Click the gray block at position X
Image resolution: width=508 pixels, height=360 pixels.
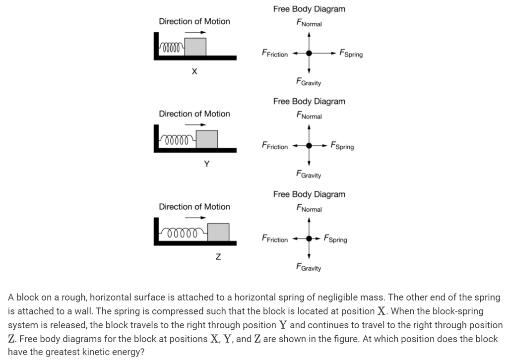point(195,47)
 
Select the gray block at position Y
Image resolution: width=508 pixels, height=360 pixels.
point(207,139)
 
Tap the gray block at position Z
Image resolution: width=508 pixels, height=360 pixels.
point(218,232)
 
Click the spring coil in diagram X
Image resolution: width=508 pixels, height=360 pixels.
point(172,48)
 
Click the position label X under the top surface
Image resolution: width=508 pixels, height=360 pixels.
point(194,71)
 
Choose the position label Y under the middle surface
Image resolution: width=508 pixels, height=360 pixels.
point(207,164)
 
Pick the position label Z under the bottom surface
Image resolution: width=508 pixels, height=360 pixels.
point(218,257)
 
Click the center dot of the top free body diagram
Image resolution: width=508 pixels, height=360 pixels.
point(309,53)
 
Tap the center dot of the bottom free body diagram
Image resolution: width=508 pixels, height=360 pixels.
point(309,239)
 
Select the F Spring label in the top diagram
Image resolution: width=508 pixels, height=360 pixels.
point(351,54)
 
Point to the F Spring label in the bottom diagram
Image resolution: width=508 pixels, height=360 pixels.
point(335,239)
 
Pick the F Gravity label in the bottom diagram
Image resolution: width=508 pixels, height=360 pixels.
point(309,267)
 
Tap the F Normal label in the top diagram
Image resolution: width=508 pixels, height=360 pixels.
point(309,23)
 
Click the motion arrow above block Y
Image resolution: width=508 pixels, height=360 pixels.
point(195,124)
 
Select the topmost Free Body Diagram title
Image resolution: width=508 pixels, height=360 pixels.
point(309,9)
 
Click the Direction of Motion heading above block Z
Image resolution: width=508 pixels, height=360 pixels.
point(194,207)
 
